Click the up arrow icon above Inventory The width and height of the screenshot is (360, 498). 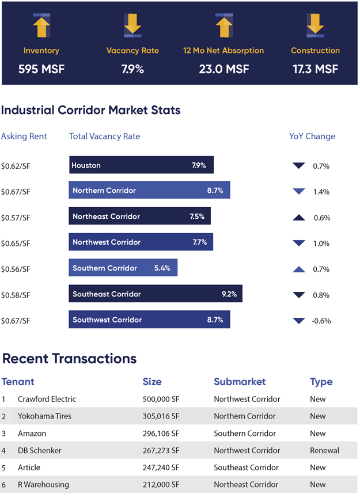41,25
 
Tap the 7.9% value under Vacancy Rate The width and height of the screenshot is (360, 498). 132,69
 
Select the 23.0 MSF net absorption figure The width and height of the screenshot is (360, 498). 223,69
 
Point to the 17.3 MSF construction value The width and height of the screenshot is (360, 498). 315,69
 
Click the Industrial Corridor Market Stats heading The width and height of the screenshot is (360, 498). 90,110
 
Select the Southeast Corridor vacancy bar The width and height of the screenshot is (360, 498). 155,294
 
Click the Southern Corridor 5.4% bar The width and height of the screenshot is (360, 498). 123,268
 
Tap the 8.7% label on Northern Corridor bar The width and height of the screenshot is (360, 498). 214,191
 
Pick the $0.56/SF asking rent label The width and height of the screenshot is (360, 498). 16,269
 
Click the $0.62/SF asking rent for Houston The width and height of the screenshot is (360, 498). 16,166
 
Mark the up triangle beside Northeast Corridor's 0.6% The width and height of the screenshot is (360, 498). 298,218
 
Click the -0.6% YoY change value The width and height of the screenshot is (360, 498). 321,321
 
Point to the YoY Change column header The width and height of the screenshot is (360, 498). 312,136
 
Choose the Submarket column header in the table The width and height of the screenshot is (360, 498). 240,382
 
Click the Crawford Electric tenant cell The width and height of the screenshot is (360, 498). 47,399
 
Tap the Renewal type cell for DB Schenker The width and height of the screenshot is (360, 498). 324,451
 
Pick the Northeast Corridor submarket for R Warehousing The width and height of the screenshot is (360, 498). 247,485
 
